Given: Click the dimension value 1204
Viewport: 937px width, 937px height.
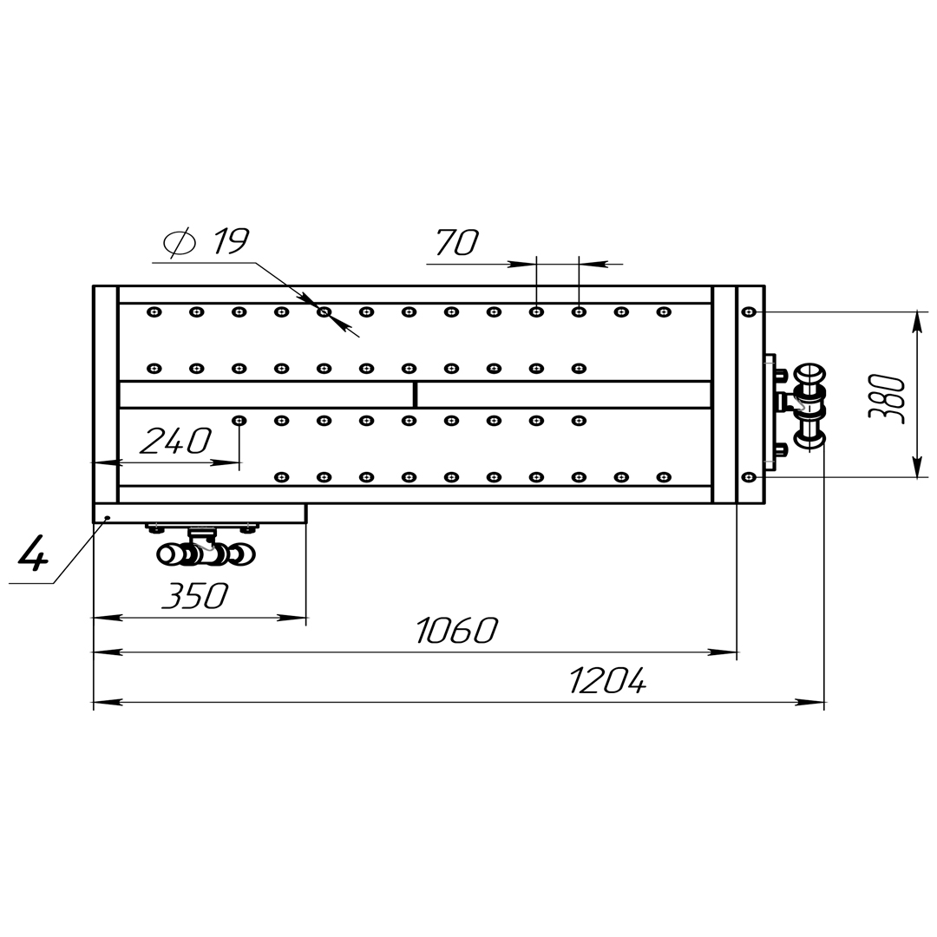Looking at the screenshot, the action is [x=607, y=681].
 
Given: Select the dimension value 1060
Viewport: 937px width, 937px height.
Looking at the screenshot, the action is [x=456, y=631].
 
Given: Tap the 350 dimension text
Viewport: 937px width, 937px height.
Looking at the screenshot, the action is [x=195, y=596].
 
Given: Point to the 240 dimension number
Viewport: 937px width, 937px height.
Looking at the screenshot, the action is [x=175, y=441].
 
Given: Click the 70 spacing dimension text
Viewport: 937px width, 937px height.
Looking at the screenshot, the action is [x=457, y=243].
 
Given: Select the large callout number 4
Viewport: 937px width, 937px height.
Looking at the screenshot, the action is [x=33, y=553].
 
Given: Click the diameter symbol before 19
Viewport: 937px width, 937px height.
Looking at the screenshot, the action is [x=180, y=242].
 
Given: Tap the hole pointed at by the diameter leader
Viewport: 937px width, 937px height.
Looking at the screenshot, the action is [x=324, y=312].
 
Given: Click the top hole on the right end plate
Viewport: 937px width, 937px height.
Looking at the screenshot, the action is [x=749, y=312].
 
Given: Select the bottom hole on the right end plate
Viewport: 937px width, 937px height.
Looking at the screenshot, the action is [x=749, y=477].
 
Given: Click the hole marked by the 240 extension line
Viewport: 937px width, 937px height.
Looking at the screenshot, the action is [x=239, y=421].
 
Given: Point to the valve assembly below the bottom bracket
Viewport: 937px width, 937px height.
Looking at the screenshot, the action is [x=205, y=545].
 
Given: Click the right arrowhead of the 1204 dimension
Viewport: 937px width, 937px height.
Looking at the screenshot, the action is [x=810, y=702].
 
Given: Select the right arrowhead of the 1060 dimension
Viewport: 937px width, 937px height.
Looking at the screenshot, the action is [x=723, y=652].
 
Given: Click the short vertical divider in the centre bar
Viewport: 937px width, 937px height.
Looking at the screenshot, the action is [x=415, y=395].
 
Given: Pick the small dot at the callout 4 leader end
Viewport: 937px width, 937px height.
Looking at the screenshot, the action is [x=107, y=517].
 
